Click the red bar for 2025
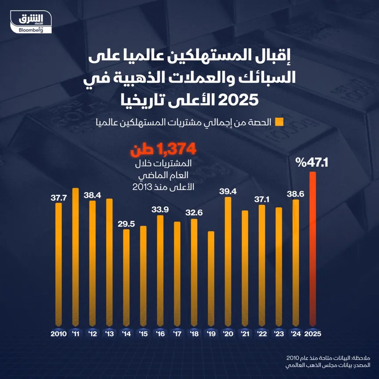coord(313,250)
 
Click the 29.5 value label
coord(126,223)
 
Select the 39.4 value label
coord(228,191)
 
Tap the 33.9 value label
coord(160,209)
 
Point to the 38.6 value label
coord(296,193)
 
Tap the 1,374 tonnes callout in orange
coord(162,150)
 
